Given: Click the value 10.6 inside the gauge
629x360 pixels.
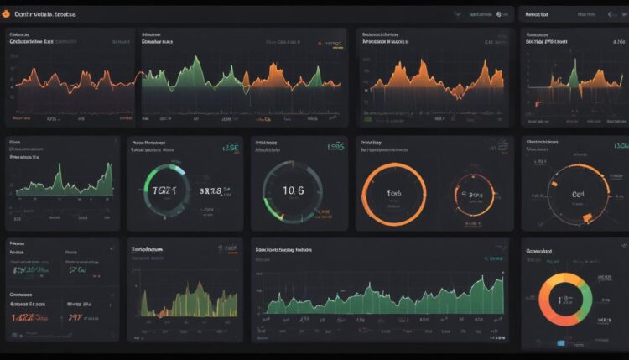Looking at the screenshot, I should click(x=294, y=191).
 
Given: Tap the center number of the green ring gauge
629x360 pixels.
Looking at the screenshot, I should click(x=164, y=191).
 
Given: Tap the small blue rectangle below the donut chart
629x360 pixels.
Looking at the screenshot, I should click(x=561, y=342).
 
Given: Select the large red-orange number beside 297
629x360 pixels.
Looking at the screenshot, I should click(x=31, y=317).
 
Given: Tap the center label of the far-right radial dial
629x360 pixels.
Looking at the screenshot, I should click(x=578, y=194).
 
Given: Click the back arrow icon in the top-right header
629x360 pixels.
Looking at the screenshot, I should click(x=610, y=14).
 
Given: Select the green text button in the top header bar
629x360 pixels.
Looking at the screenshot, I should click(x=481, y=14).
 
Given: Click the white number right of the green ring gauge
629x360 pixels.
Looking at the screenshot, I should click(x=211, y=191).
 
